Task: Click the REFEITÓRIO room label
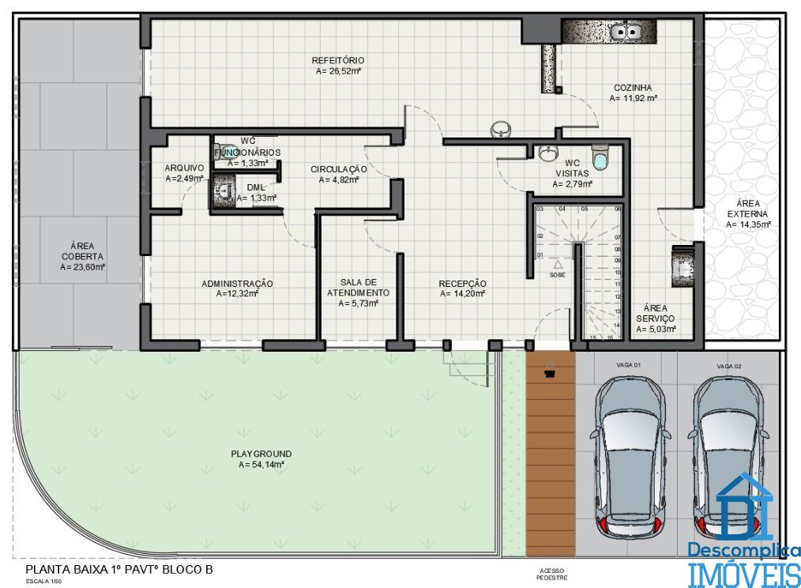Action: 337,60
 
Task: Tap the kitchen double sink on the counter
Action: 629,32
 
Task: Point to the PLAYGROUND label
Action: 261,454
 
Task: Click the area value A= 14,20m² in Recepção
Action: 462,293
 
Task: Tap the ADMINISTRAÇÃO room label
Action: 237,283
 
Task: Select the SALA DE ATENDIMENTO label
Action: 359,287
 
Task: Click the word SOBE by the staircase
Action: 558,274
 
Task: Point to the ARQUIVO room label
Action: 184,168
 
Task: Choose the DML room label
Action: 256,187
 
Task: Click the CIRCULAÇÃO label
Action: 338,169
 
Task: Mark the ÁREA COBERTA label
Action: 82,251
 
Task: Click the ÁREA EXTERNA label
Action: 748,209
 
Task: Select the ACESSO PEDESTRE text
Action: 551,573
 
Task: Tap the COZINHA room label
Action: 633,88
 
